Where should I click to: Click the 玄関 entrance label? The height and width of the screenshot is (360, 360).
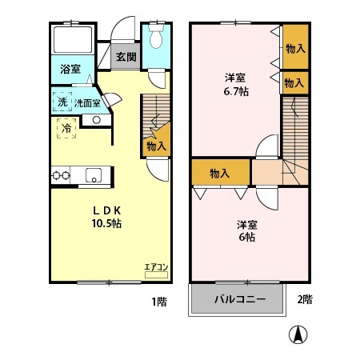126,58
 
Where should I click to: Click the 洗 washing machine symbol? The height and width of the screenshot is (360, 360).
62,102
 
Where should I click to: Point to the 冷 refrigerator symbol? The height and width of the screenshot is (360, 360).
65,127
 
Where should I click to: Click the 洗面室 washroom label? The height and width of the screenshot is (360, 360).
87,103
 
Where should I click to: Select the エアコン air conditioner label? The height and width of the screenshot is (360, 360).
155,266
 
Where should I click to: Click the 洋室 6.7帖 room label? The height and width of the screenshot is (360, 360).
234,85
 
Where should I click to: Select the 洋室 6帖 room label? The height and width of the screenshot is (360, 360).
246,230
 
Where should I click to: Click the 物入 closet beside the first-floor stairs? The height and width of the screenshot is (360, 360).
155,146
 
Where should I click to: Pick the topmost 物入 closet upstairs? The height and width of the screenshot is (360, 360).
294,49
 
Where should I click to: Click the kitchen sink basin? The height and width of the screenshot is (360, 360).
94,175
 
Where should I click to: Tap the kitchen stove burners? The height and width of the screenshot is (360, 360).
62,175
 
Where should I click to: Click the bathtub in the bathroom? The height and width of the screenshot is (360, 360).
72,41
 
